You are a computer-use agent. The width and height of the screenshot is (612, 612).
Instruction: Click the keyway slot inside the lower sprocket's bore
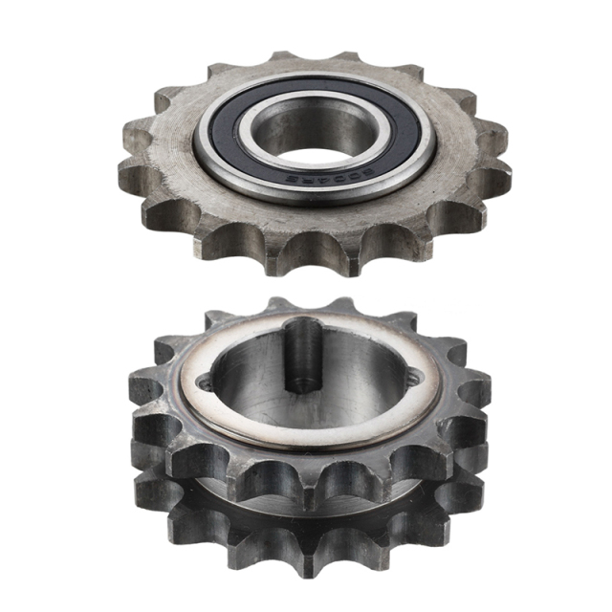[x=303, y=354]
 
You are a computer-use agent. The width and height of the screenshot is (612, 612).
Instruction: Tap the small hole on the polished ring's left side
[x=202, y=382]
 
